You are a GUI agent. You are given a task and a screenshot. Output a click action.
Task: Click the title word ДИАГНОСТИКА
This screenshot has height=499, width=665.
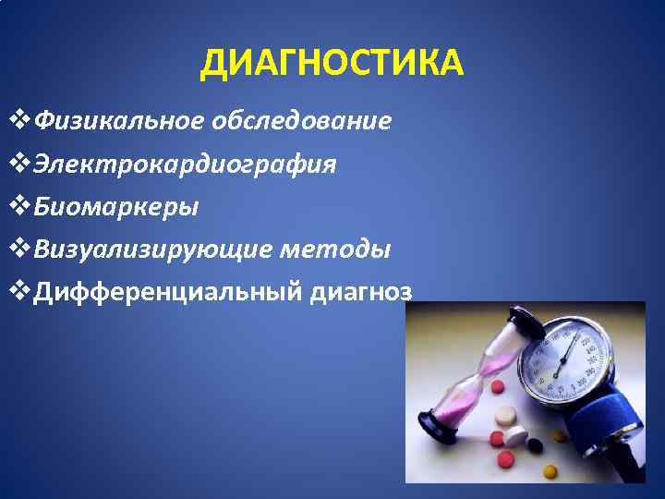coord(333,64)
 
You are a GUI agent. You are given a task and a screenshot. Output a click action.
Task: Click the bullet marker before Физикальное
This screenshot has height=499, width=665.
coord(19,121)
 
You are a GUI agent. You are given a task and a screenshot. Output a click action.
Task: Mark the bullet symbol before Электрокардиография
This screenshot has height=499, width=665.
coord(19,164)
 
